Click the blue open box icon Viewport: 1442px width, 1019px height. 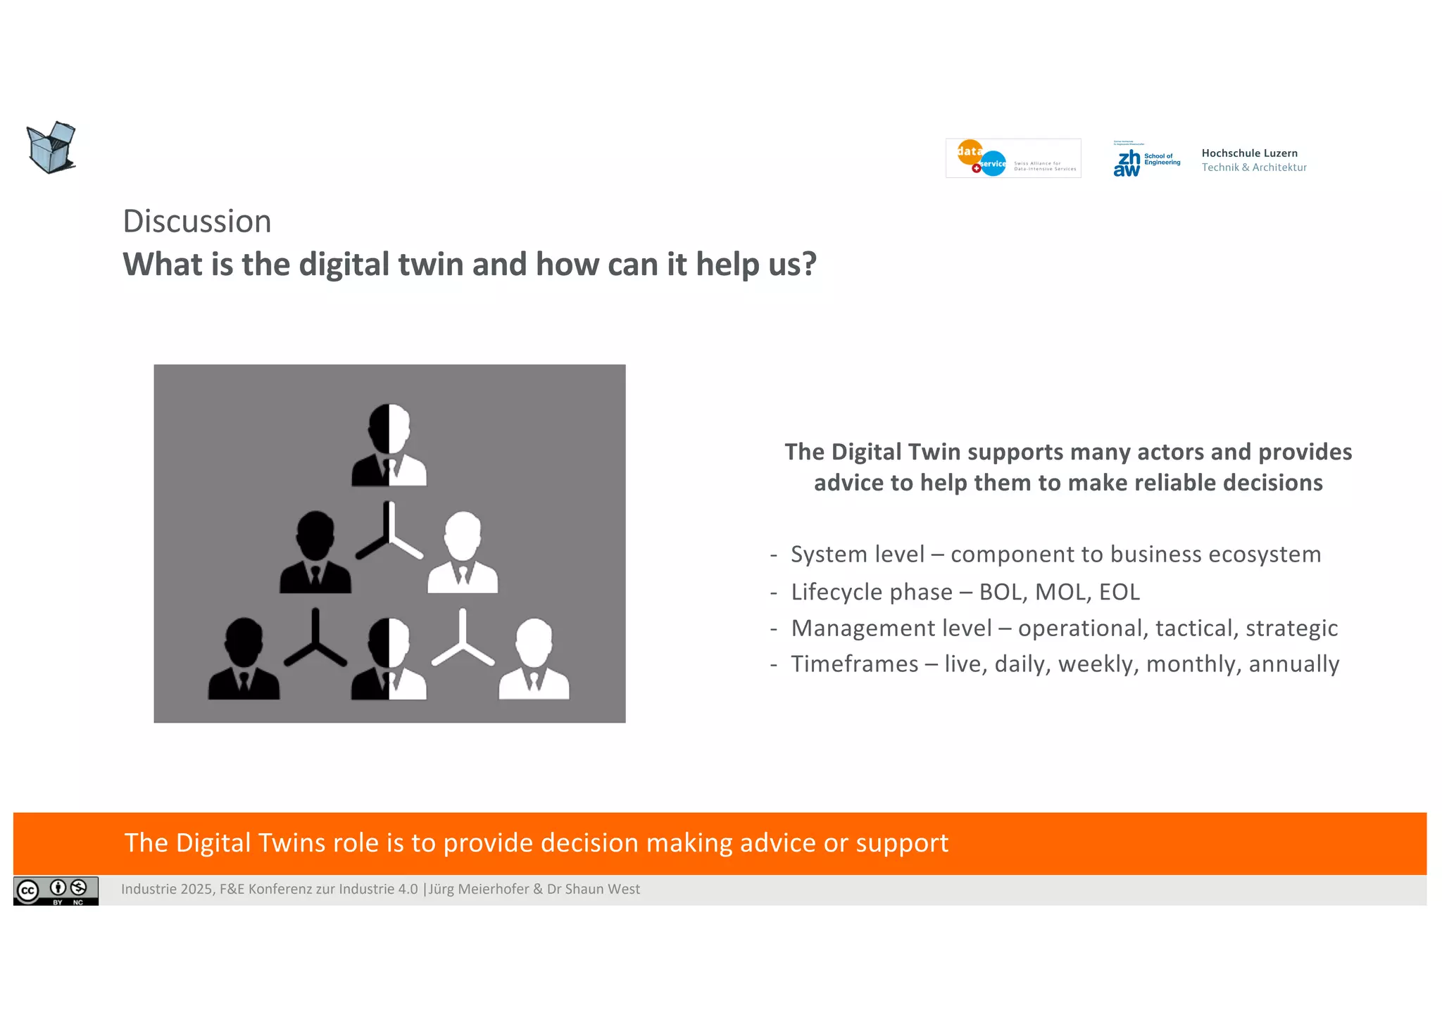(51, 148)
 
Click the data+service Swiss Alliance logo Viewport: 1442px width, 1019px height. (1012, 158)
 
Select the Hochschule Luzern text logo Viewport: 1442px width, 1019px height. (1253, 160)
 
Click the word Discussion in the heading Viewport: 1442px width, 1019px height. (197, 222)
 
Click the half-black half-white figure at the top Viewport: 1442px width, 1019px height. (389, 445)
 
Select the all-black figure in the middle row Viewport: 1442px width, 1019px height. (315, 552)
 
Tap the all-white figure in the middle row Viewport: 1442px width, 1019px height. (463, 552)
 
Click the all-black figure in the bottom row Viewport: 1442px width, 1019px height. (244, 659)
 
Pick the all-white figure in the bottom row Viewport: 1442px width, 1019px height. (534, 659)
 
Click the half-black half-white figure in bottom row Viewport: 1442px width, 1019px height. (389, 659)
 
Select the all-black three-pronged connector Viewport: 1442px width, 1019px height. (315, 639)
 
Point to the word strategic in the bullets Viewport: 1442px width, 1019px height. (1291, 628)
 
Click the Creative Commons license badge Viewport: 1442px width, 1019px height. (56, 891)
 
